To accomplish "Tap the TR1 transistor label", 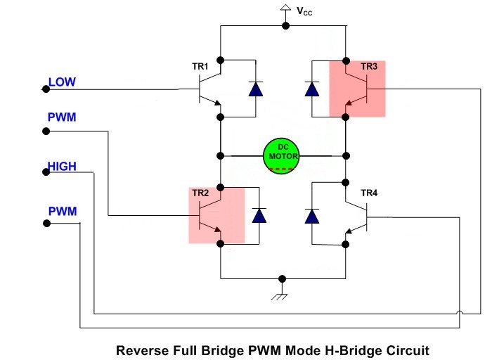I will coord(201,67).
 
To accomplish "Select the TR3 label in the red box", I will coord(369,67).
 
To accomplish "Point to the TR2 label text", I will coord(201,193).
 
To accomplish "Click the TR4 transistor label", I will coord(369,193).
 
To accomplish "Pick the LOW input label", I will coord(62,82).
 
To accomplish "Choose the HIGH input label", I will coord(62,167).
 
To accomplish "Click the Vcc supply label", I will coord(304,11).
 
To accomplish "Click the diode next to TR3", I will coord(311,89).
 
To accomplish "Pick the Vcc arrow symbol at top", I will coord(285,9).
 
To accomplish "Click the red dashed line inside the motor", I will coord(283,169).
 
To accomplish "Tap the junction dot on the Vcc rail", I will coord(285,26).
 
